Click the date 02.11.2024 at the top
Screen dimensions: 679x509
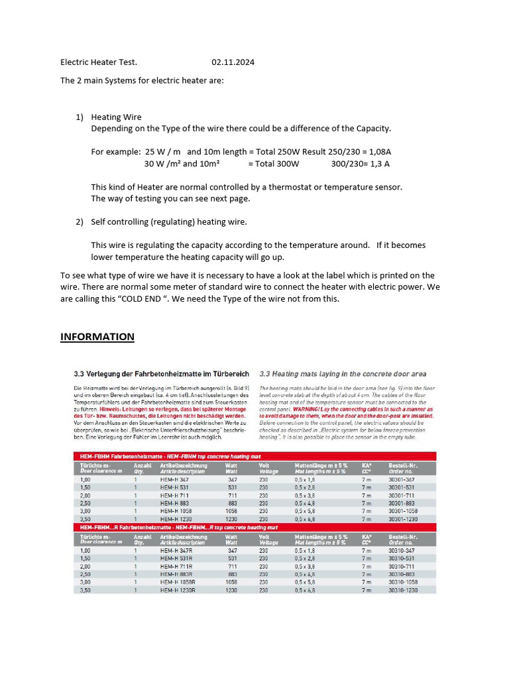click(x=233, y=62)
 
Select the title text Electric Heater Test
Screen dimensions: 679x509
click(x=99, y=62)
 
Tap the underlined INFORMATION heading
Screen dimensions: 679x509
click(x=97, y=337)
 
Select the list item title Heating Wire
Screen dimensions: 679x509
click(x=116, y=117)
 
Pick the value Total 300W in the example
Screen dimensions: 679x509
click(x=274, y=163)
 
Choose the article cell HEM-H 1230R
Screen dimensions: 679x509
click(x=177, y=589)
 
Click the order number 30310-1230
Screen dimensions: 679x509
click(x=404, y=589)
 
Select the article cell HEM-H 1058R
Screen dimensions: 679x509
click(x=177, y=582)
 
